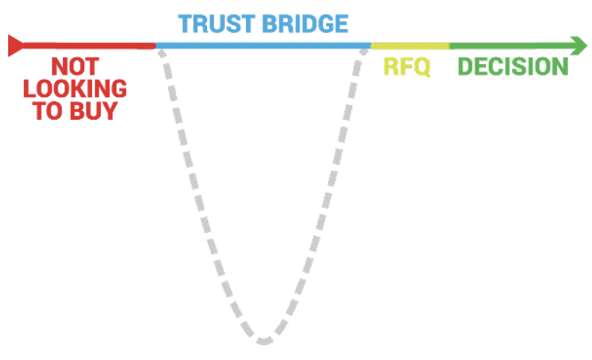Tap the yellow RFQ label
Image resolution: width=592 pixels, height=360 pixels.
click(407, 67)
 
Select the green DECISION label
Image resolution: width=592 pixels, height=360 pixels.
click(513, 67)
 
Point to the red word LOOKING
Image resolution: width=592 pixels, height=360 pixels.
click(75, 89)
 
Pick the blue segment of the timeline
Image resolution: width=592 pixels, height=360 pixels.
click(263, 46)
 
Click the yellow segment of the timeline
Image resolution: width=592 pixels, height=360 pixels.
click(410, 46)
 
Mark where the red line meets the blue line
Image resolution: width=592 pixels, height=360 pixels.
click(155, 46)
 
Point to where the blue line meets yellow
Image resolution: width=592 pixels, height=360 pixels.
click(371, 46)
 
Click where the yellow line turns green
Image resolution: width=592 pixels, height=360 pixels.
click(449, 46)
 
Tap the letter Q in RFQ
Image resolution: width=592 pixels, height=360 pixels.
click(422, 67)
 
